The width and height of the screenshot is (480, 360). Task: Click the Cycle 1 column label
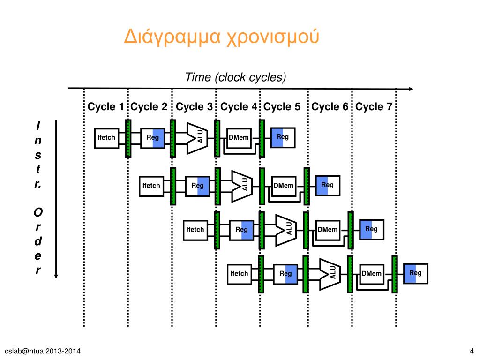point(105,107)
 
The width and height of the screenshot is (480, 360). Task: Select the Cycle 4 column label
point(239,107)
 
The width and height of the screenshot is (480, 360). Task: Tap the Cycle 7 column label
point(374,107)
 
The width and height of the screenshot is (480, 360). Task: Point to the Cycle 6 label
point(330,107)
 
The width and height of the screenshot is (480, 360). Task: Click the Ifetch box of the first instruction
point(106,138)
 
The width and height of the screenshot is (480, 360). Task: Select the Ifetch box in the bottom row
point(240,274)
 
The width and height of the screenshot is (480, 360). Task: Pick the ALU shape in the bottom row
point(330,274)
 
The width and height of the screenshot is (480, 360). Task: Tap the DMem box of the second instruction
point(284,186)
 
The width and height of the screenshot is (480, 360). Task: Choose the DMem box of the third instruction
point(328,230)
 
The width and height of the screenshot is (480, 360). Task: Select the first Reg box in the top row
point(152,138)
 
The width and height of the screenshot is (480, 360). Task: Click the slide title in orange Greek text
point(221,37)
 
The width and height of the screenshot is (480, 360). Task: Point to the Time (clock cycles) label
point(235,77)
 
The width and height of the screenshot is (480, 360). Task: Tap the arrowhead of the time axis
point(411,89)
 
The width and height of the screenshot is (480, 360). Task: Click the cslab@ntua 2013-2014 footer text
point(43,351)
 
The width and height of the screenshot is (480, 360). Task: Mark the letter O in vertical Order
point(38,212)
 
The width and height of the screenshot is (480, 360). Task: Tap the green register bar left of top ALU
point(172,138)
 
